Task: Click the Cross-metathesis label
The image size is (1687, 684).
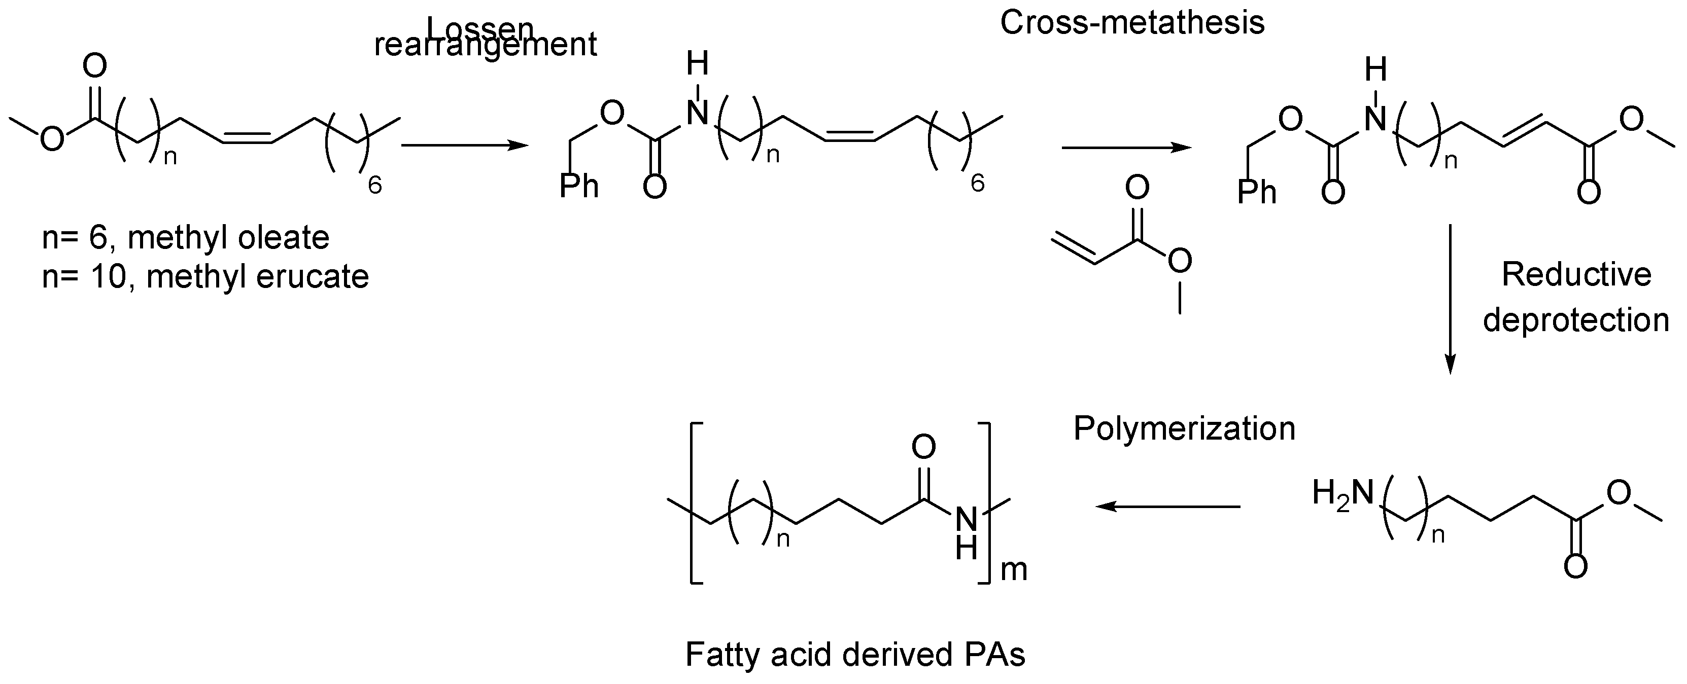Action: click(x=1132, y=23)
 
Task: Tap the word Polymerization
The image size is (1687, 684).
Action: click(x=1185, y=429)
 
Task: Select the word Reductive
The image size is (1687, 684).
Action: click(x=1576, y=274)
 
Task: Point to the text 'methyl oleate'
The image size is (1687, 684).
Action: click(x=228, y=238)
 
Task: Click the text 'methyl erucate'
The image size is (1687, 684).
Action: click(x=257, y=277)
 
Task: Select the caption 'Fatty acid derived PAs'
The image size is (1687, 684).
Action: click(x=855, y=655)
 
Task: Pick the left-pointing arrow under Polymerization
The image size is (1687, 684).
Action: click(x=1169, y=506)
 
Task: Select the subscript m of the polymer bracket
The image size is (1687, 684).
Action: click(x=1014, y=569)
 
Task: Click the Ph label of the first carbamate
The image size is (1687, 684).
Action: click(x=579, y=186)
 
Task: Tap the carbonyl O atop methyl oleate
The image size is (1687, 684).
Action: click(x=95, y=66)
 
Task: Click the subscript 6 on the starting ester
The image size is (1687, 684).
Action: click(x=374, y=186)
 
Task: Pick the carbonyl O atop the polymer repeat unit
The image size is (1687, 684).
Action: click(x=923, y=448)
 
